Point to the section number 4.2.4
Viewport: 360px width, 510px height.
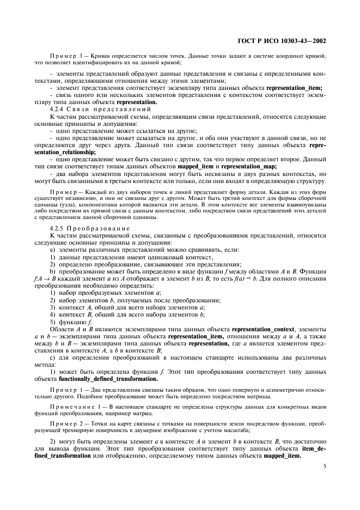(x=58, y=110)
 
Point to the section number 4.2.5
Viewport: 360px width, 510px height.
(x=58, y=228)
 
